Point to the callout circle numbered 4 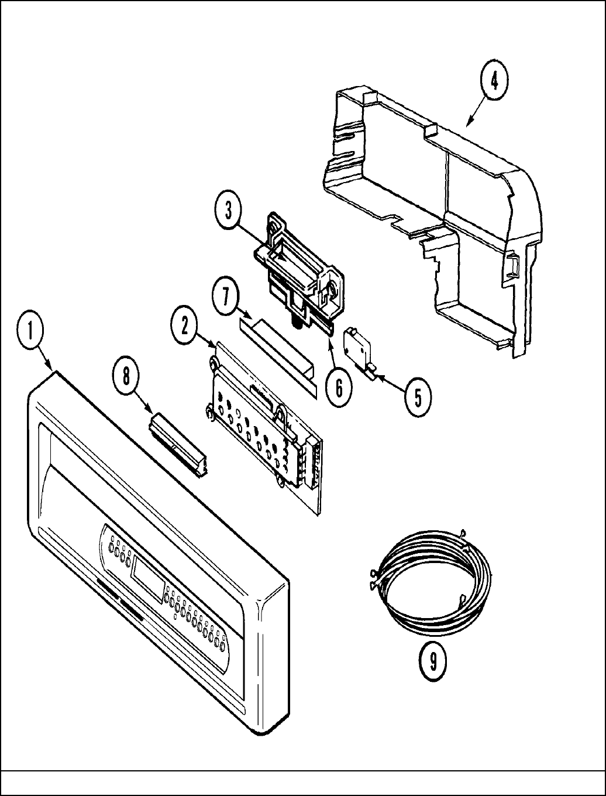pos(494,81)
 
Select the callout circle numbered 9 pos(433,661)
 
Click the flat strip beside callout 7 pos(278,353)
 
